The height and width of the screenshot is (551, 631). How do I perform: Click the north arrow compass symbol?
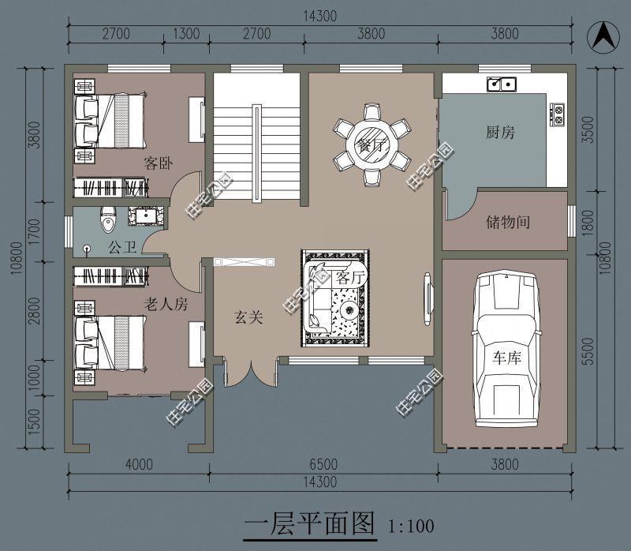point(603,34)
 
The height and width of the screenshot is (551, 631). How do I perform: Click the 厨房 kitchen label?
point(500,133)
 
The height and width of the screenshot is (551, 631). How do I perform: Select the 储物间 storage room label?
point(507,222)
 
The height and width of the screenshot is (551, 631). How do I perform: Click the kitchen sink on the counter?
point(500,82)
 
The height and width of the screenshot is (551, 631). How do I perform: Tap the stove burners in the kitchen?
point(557,115)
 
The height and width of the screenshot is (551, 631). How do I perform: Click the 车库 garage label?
point(508,358)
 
